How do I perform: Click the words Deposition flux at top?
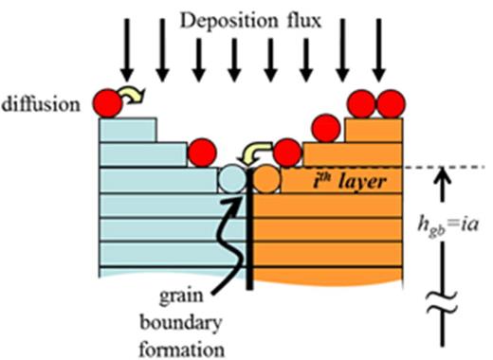(x=251, y=18)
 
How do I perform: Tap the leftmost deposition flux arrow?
(x=125, y=62)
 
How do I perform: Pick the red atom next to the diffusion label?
(x=107, y=103)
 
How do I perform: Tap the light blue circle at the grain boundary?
(x=231, y=177)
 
